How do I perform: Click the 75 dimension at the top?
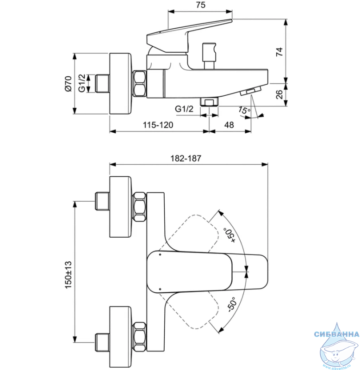coord(201,5)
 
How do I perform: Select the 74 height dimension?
coord(279,52)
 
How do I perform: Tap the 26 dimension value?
coord(279,94)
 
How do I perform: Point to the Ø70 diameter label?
coord(68,84)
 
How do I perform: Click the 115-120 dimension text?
coord(158,125)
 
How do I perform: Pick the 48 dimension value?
coord(229,125)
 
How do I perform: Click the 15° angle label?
coord(244,111)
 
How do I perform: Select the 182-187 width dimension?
coord(186,158)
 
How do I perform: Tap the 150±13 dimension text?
coord(68,274)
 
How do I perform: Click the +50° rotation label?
coord(230,235)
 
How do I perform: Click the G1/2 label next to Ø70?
coord(82,83)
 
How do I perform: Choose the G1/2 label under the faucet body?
coord(184,109)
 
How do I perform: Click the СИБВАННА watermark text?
coord(336,334)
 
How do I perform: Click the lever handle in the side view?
coord(189,36)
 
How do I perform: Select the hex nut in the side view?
coord(139,83)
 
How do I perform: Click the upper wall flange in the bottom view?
coord(120,207)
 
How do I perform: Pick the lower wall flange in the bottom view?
coord(120,337)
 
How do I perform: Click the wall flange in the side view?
coord(120,84)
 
